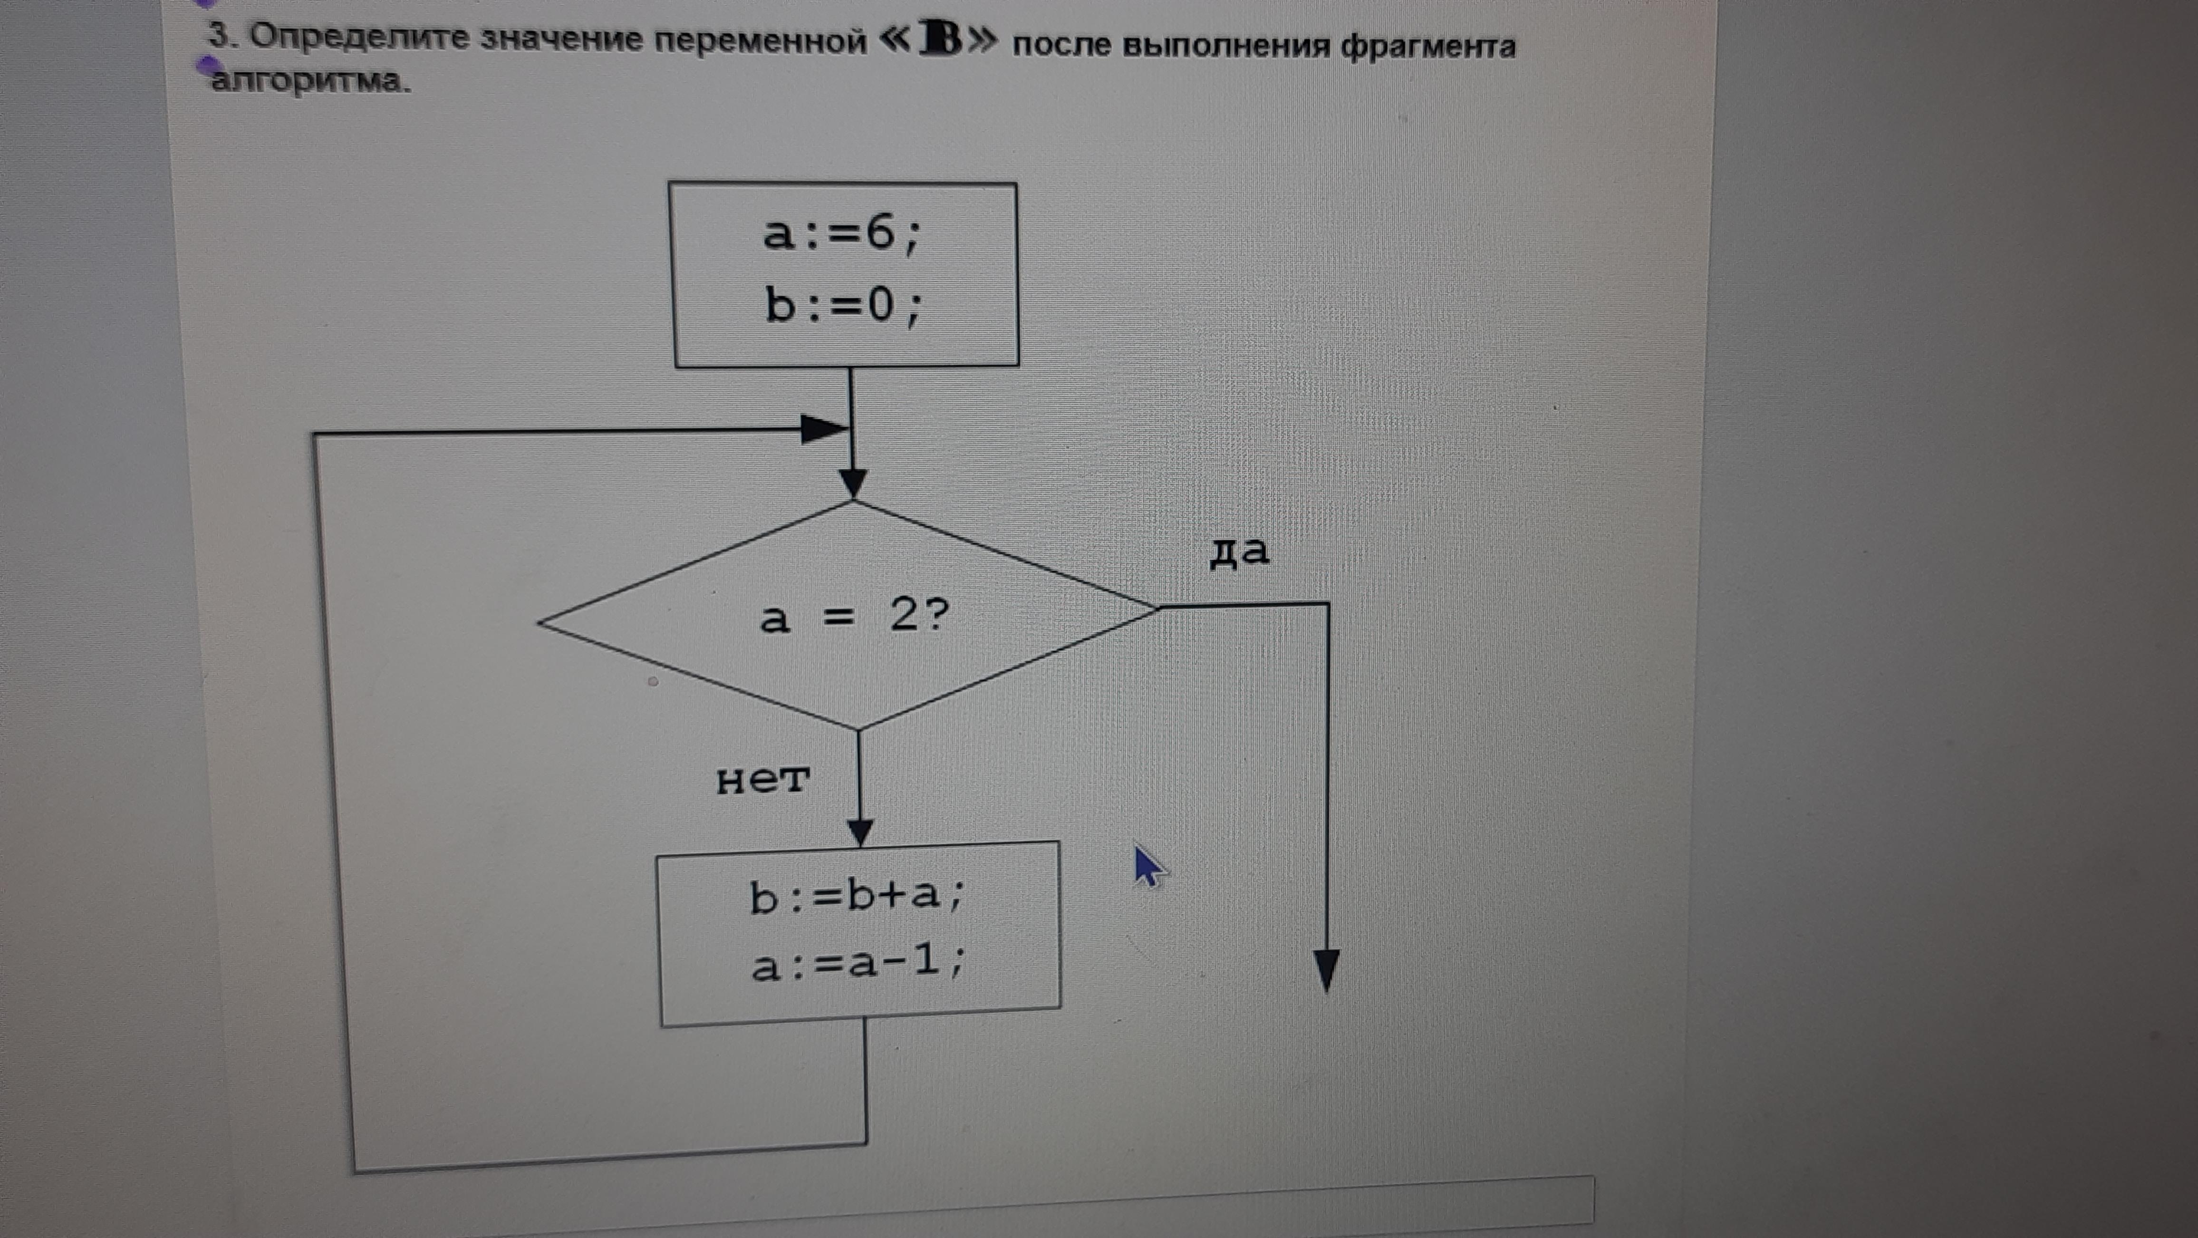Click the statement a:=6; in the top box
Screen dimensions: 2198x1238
pos(842,233)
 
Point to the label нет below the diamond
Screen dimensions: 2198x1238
pos(762,779)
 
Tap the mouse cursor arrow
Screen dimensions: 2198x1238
pos(1149,866)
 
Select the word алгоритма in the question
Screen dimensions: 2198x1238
pos(310,81)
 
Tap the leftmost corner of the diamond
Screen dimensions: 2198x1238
pos(539,622)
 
